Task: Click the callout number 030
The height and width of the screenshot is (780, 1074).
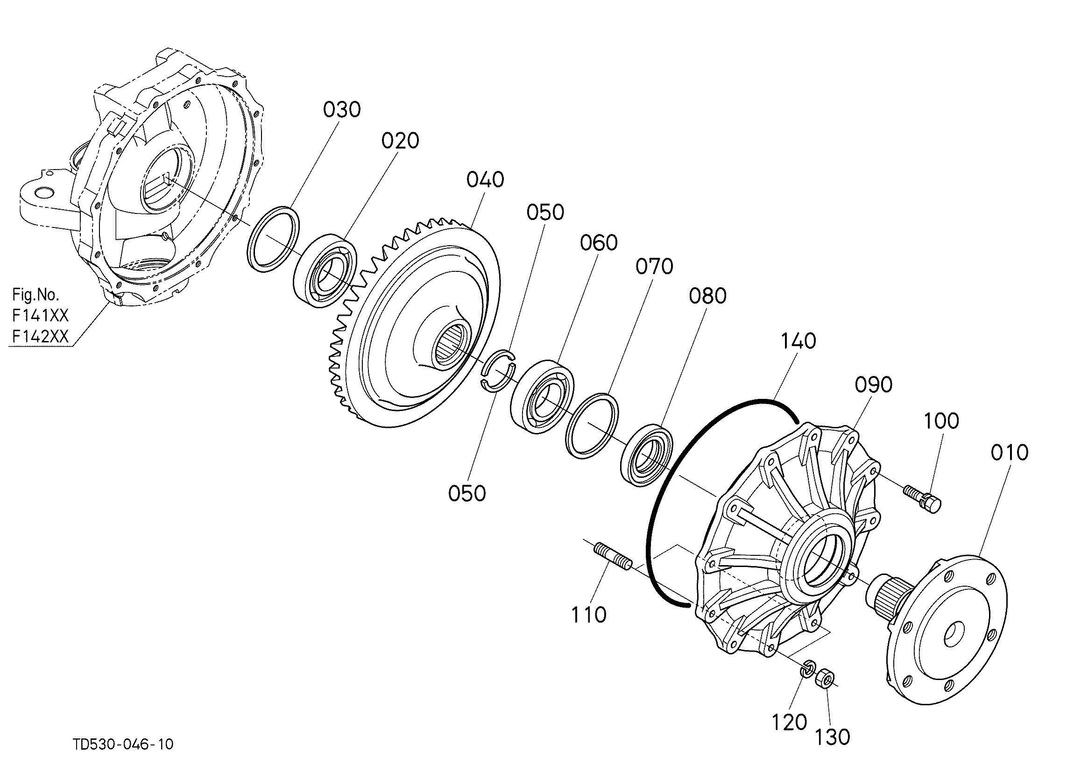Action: (342, 110)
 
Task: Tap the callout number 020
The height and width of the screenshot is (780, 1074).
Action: (400, 141)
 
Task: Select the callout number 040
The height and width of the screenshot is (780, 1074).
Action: (485, 180)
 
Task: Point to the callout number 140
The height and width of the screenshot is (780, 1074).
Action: (798, 341)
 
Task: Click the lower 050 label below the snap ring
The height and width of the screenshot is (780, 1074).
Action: (467, 494)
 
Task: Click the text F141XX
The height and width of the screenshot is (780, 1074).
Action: (40, 315)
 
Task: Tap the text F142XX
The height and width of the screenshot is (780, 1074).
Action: (40, 337)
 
